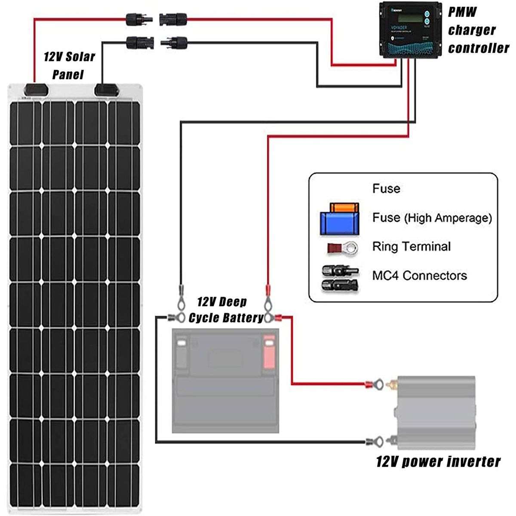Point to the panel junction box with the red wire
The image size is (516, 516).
[x=35, y=89]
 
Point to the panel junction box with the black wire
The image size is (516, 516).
[x=107, y=89]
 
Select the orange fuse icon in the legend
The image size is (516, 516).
[x=344, y=208]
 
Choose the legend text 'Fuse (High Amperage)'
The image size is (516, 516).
[x=432, y=218]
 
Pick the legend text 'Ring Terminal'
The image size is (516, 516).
[x=411, y=247]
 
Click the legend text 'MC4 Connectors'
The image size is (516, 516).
[x=419, y=275]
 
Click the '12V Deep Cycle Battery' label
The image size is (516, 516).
[x=226, y=310]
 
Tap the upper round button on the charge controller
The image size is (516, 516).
[x=427, y=12]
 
